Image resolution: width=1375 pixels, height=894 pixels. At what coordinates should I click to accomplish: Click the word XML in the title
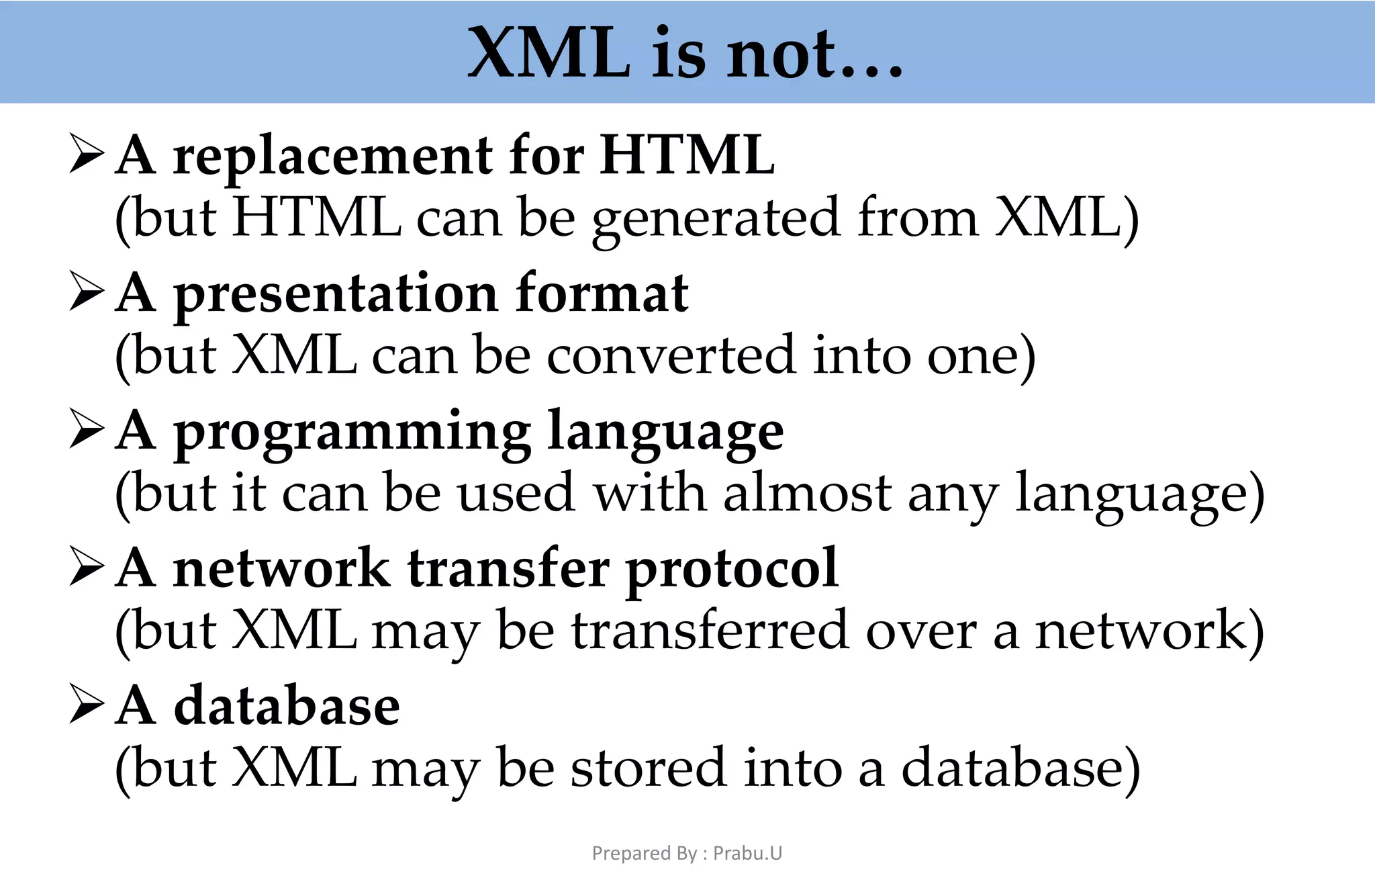pyautogui.click(x=549, y=54)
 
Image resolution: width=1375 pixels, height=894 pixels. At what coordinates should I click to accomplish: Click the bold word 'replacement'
pyautogui.click(x=332, y=156)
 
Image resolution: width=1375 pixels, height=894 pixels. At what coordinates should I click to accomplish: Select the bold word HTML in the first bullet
pyautogui.click(x=687, y=156)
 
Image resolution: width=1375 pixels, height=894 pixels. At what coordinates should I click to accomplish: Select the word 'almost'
pyautogui.click(x=807, y=494)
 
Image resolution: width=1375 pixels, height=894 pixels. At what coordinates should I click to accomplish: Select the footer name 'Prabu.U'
pyautogui.click(x=747, y=853)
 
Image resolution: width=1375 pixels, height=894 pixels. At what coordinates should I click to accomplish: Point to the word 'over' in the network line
pyautogui.click(x=920, y=631)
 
